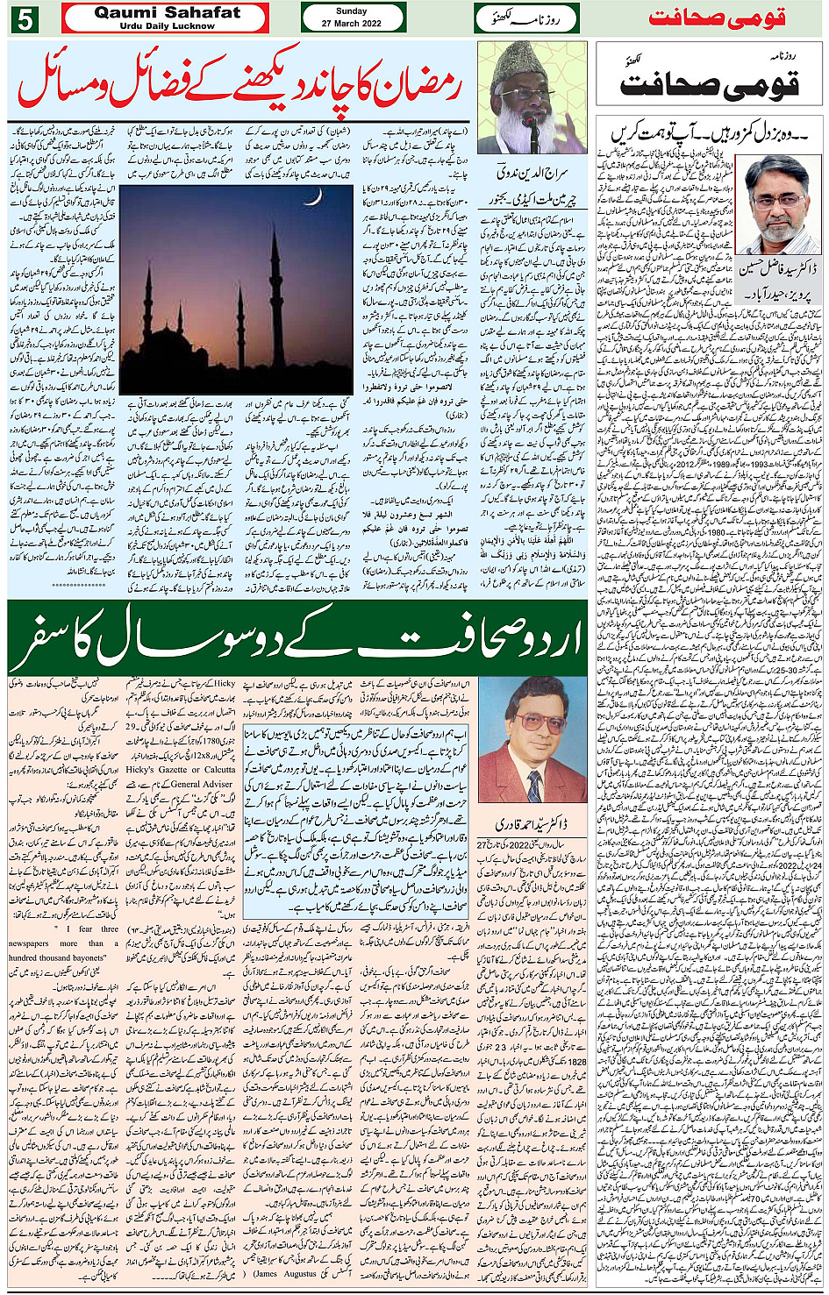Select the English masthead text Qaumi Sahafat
click(x=166, y=12)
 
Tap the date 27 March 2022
click(x=352, y=24)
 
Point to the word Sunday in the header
click(x=352, y=11)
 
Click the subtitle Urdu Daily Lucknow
click(x=166, y=26)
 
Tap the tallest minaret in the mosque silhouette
click(x=273, y=289)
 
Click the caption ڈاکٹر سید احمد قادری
click(x=529, y=825)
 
